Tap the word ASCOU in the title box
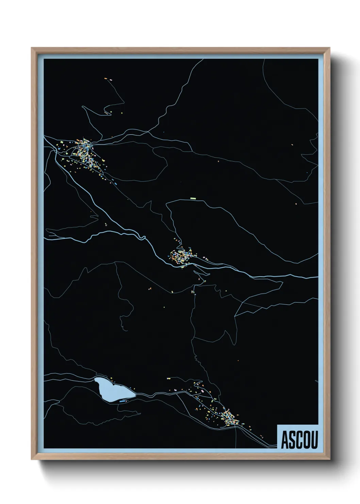[x=299, y=440]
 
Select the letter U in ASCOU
[x=314, y=440]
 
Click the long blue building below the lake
[x=123, y=401]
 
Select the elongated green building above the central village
[x=193, y=198]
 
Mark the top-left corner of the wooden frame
[x=32, y=48]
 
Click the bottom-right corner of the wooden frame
[x=330, y=460]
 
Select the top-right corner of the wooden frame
[x=330, y=48]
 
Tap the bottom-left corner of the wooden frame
[x=32, y=460]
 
